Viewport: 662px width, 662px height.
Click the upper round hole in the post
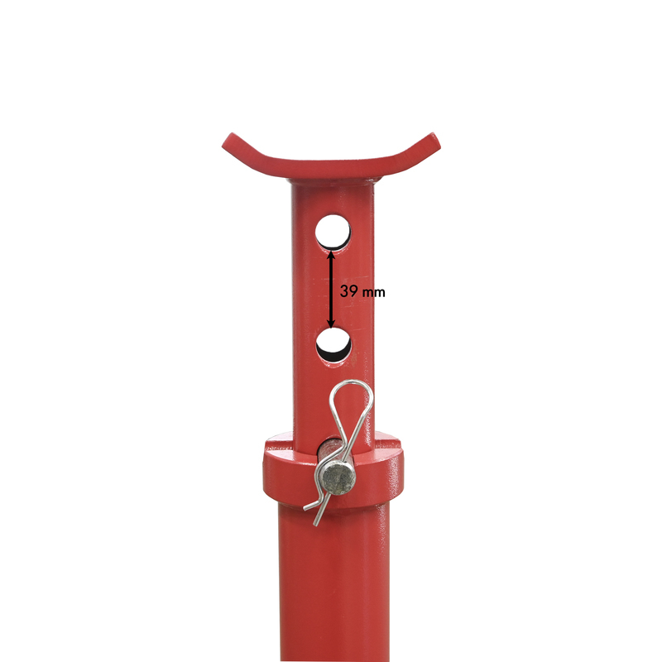333,232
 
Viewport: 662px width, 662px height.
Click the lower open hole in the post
333,344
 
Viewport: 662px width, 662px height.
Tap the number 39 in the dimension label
349,291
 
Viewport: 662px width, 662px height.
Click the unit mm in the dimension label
374,292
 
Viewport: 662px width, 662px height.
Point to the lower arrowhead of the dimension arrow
331,324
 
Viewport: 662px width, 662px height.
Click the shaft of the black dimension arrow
331,288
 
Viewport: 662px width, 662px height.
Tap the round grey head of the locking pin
338,478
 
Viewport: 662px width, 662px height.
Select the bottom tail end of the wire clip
315,524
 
